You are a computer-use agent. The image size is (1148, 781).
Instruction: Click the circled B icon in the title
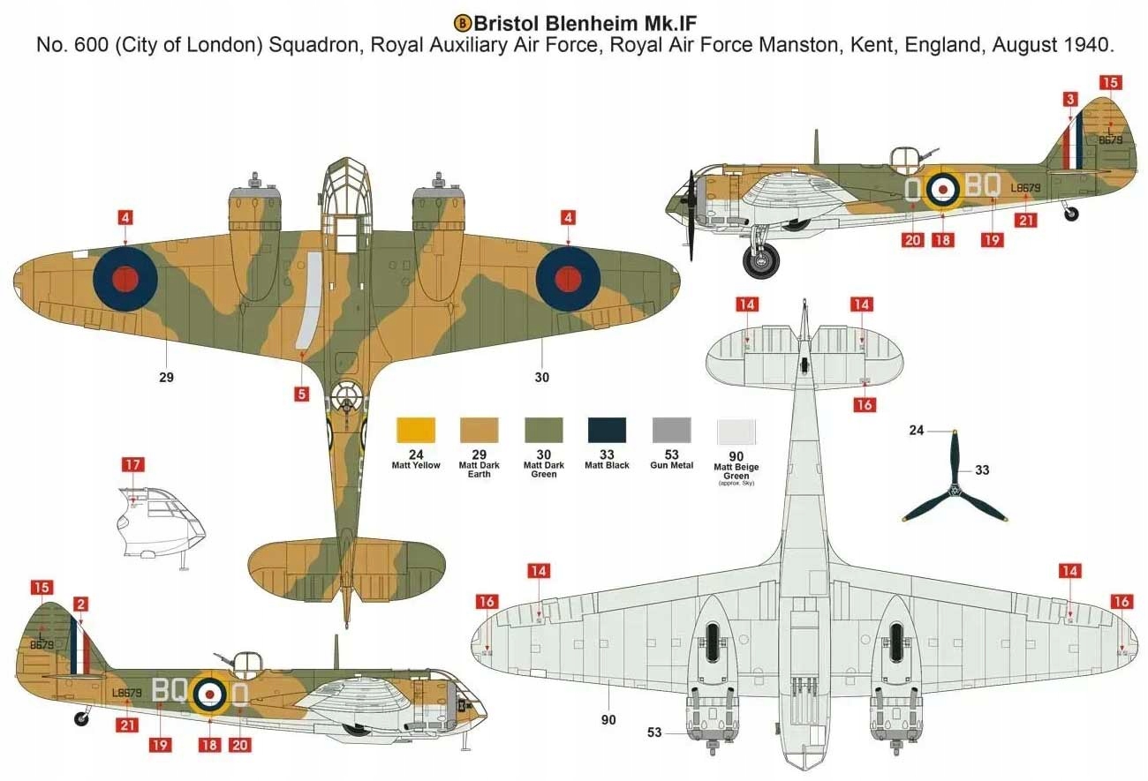tap(462, 21)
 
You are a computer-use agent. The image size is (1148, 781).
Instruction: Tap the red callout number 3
tap(1070, 100)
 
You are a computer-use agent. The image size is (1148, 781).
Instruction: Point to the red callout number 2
tap(81, 605)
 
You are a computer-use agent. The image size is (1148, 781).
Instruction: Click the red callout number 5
tap(302, 394)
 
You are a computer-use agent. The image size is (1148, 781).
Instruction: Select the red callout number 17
tap(132, 465)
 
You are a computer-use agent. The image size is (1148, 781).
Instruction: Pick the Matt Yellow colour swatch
tap(416, 430)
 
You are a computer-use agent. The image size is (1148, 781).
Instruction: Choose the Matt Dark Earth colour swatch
tap(480, 430)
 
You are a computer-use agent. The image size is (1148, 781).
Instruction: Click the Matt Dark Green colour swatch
tap(543, 430)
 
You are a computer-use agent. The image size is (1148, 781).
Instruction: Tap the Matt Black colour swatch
tap(607, 430)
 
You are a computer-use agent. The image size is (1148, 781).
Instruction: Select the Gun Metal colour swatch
tap(671, 430)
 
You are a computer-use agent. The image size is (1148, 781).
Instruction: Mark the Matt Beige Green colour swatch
tap(736, 430)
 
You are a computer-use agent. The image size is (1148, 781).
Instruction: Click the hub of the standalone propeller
tap(955, 491)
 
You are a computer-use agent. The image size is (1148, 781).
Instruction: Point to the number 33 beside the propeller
tap(981, 470)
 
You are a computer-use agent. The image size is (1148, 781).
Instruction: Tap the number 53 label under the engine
tap(654, 732)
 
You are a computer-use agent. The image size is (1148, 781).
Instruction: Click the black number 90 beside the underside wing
tap(608, 720)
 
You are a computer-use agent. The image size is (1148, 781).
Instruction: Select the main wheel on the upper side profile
tap(762, 260)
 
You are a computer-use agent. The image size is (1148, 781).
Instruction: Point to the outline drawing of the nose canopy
tap(159, 521)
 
